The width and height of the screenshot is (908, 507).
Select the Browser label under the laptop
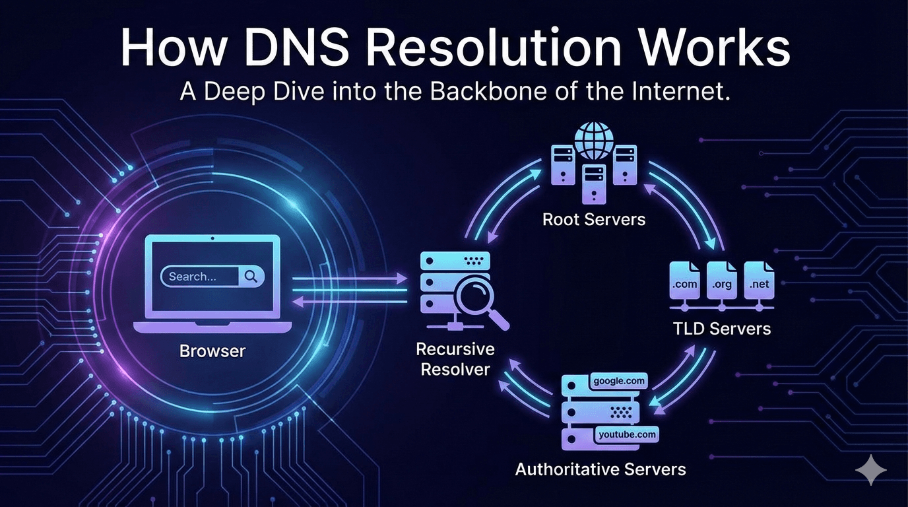pos(212,351)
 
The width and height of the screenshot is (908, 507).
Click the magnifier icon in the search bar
pos(251,277)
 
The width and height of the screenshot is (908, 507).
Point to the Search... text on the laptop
pos(193,277)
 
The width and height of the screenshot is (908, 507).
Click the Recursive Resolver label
pos(455,358)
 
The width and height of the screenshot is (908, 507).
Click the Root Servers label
pos(594,219)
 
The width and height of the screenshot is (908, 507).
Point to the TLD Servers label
pos(721,328)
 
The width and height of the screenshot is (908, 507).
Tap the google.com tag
pos(619,381)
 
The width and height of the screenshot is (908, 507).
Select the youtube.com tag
pos(626,434)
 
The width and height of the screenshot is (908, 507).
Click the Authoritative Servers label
pos(600,469)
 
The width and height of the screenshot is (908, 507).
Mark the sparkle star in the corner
pos(870,469)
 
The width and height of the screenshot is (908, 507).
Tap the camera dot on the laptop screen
pos(211,238)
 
